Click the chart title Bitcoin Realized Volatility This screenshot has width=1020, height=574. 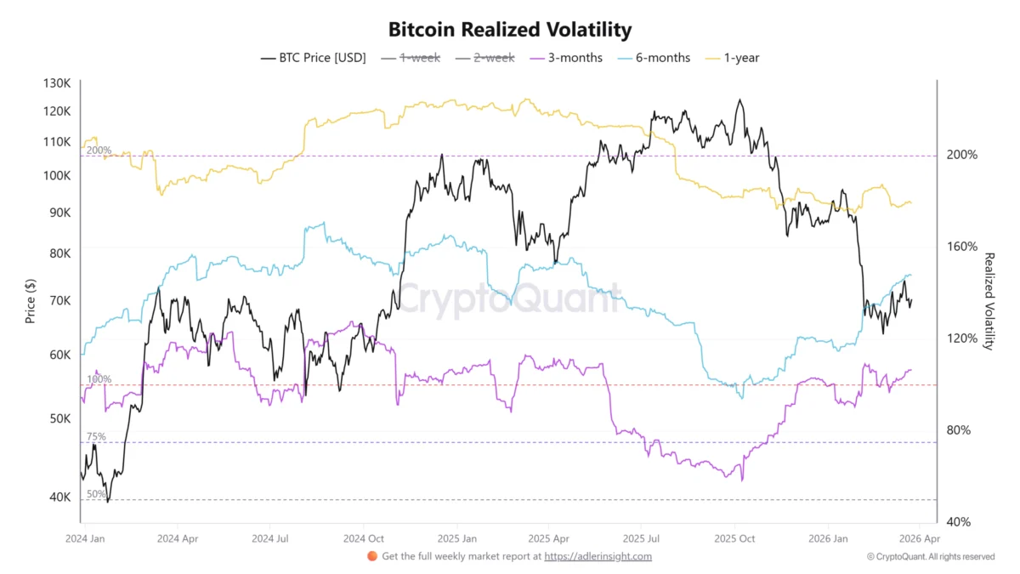510,30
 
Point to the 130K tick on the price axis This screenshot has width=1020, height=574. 58,83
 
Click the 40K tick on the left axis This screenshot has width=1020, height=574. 60,497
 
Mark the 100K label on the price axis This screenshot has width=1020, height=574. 58,175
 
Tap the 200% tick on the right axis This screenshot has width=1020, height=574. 961,155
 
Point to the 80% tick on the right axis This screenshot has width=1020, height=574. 959,430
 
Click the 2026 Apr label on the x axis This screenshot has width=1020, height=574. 920,538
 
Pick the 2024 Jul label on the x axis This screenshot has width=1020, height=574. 270,538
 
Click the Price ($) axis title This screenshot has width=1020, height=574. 31,302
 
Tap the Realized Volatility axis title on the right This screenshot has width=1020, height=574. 989,301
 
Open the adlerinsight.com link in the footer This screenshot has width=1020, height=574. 598,556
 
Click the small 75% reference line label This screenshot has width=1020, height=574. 96,436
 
